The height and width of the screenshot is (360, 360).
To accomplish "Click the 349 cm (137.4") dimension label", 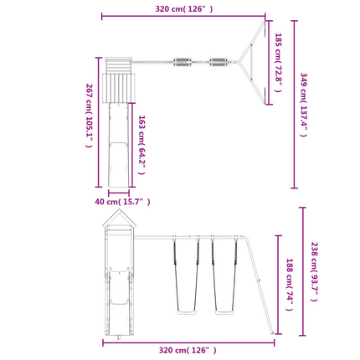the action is (304, 105).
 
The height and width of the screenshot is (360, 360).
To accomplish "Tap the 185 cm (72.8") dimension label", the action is (278, 63).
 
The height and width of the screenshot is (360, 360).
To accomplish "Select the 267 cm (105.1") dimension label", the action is (89, 116).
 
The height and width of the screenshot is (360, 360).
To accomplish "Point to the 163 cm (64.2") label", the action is (142, 145).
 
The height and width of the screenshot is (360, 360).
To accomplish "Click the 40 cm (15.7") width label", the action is (122, 202).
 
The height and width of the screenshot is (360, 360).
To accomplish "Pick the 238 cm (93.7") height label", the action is (315, 271).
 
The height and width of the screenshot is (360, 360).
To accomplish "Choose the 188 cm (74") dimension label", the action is (290, 285).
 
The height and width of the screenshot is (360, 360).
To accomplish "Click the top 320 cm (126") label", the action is (184, 9).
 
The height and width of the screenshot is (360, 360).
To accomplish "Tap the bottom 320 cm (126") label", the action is (188, 350).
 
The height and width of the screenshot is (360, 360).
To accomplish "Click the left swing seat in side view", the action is (187, 312).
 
